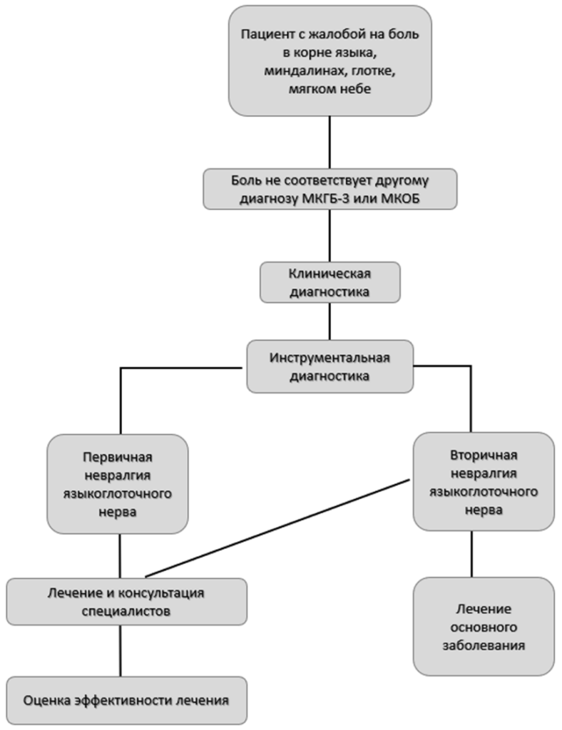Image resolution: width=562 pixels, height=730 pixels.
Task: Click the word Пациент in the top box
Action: coord(262,34)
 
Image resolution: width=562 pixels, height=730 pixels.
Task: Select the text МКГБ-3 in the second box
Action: coord(325,199)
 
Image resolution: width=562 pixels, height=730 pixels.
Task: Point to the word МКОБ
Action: coord(400,199)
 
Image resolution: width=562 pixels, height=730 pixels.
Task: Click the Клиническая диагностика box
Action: coord(329,282)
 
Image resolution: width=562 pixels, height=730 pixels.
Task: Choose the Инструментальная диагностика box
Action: coord(329,366)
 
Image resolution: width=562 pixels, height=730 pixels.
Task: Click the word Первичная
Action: coord(118,457)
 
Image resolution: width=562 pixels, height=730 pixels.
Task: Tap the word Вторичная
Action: coord(484,455)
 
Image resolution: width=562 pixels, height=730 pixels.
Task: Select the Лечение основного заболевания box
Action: coord(484,627)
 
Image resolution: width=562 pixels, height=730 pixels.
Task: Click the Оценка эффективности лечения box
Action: coord(126,700)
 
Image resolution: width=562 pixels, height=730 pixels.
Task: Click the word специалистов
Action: coord(126,611)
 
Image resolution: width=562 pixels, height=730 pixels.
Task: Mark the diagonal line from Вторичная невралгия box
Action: coord(278,528)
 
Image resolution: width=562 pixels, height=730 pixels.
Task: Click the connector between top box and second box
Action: coord(329,142)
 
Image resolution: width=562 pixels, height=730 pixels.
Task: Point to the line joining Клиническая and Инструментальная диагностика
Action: coord(329,322)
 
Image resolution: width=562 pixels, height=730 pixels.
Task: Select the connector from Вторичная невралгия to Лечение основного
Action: coord(471,554)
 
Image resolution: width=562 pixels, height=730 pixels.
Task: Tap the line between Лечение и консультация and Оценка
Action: coord(120,651)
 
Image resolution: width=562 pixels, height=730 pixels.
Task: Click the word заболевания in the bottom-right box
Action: coord(484,646)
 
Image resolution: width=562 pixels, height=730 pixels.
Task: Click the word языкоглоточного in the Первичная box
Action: coord(118,493)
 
